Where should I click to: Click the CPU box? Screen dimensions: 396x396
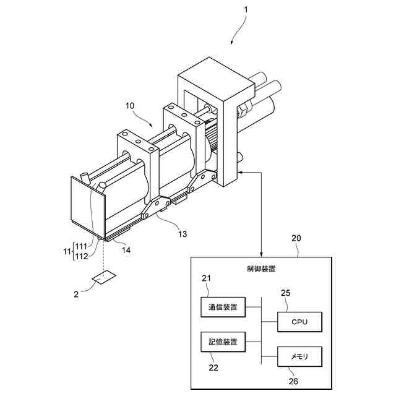299,322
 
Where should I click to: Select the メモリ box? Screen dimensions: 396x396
299,356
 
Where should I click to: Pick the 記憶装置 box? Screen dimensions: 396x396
223,341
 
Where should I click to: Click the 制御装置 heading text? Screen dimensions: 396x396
260,269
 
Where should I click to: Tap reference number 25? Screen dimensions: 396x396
285,293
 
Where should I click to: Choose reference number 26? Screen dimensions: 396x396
293,381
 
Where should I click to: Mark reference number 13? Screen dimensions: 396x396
183,233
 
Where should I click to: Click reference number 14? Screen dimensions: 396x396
127,250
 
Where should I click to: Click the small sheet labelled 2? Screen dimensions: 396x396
101,278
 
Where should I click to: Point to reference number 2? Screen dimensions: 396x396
76,295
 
